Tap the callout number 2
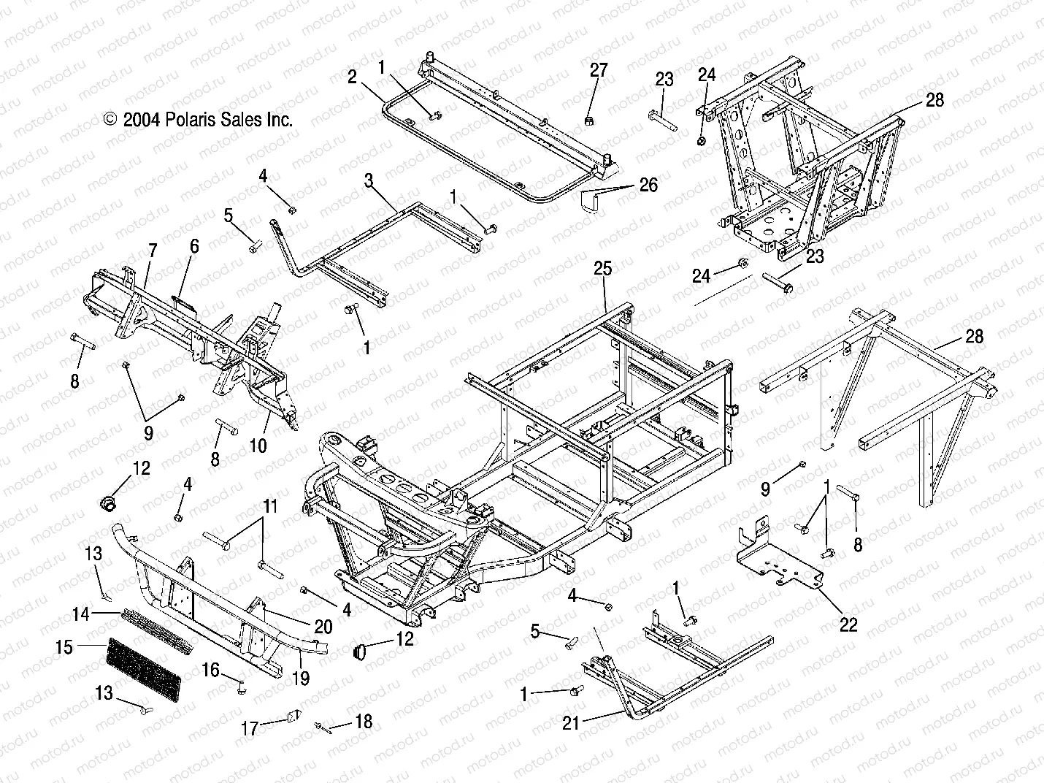click(352, 77)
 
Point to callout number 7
click(152, 251)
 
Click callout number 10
click(258, 445)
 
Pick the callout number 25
click(602, 269)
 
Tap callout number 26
click(648, 185)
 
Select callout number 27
click(598, 70)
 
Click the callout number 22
click(848, 624)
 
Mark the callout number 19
click(301, 679)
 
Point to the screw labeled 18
click(322, 726)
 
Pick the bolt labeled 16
click(240, 686)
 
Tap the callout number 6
click(193, 246)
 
